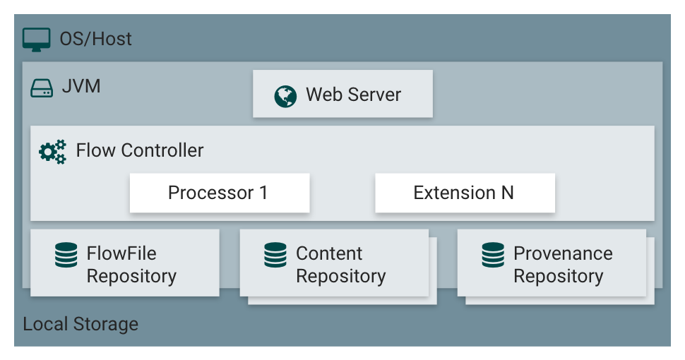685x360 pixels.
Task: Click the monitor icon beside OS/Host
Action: click(x=37, y=39)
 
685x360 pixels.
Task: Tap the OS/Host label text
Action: click(x=95, y=39)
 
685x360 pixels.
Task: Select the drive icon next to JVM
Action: click(x=42, y=88)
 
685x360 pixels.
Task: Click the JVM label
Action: click(x=81, y=87)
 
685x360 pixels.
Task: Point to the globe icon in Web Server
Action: click(x=285, y=96)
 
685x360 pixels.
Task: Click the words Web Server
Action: click(x=353, y=95)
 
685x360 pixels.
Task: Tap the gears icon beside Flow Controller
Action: click(x=52, y=151)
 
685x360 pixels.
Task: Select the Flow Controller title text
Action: click(x=140, y=150)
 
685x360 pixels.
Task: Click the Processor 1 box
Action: click(x=219, y=193)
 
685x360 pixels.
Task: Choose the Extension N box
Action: click(x=464, y=193)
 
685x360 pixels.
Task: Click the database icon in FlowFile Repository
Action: click(x=66, y=255)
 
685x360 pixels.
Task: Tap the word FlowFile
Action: click(x=121, y=253)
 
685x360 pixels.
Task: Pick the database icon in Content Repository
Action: click(x=275, y=255)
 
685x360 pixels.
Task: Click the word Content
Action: click(x=329, y=253)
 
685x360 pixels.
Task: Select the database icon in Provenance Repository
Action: click(x=493, y=255)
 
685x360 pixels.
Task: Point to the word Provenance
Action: click(x=563, y=253)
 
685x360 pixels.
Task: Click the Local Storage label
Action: click(x=81, y=325)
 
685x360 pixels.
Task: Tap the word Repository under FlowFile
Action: click(x=131, y=276)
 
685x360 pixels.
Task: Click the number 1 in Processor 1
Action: click(x=263, y=193)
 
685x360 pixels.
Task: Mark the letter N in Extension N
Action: click(x=506, y=193)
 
